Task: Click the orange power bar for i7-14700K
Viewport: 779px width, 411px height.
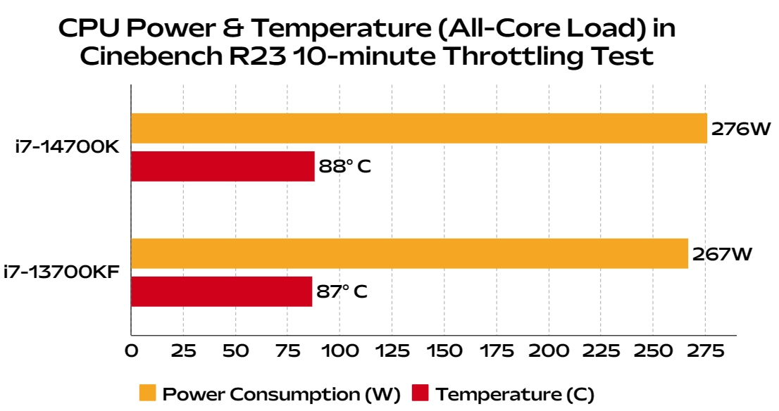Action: (x=418, y=128)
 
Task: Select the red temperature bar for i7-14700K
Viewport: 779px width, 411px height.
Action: (x=223, y=166)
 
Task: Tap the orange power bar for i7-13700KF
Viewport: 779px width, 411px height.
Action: (x=409, y=253)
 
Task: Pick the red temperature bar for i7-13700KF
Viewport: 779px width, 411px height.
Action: (x=221, y=291)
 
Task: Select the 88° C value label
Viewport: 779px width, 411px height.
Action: (x=344, y=167)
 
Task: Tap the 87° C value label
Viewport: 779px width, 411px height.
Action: (x=342, y=291)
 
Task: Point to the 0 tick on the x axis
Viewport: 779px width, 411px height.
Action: (x=131, y=350)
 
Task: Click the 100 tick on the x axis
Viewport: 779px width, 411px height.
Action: (x=339, y=350)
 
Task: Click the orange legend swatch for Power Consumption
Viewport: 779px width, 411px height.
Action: (x=147, y=393)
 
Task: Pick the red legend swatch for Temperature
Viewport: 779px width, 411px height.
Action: (x=420, y=393)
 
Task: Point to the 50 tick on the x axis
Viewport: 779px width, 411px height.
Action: (x=235, y=350)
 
